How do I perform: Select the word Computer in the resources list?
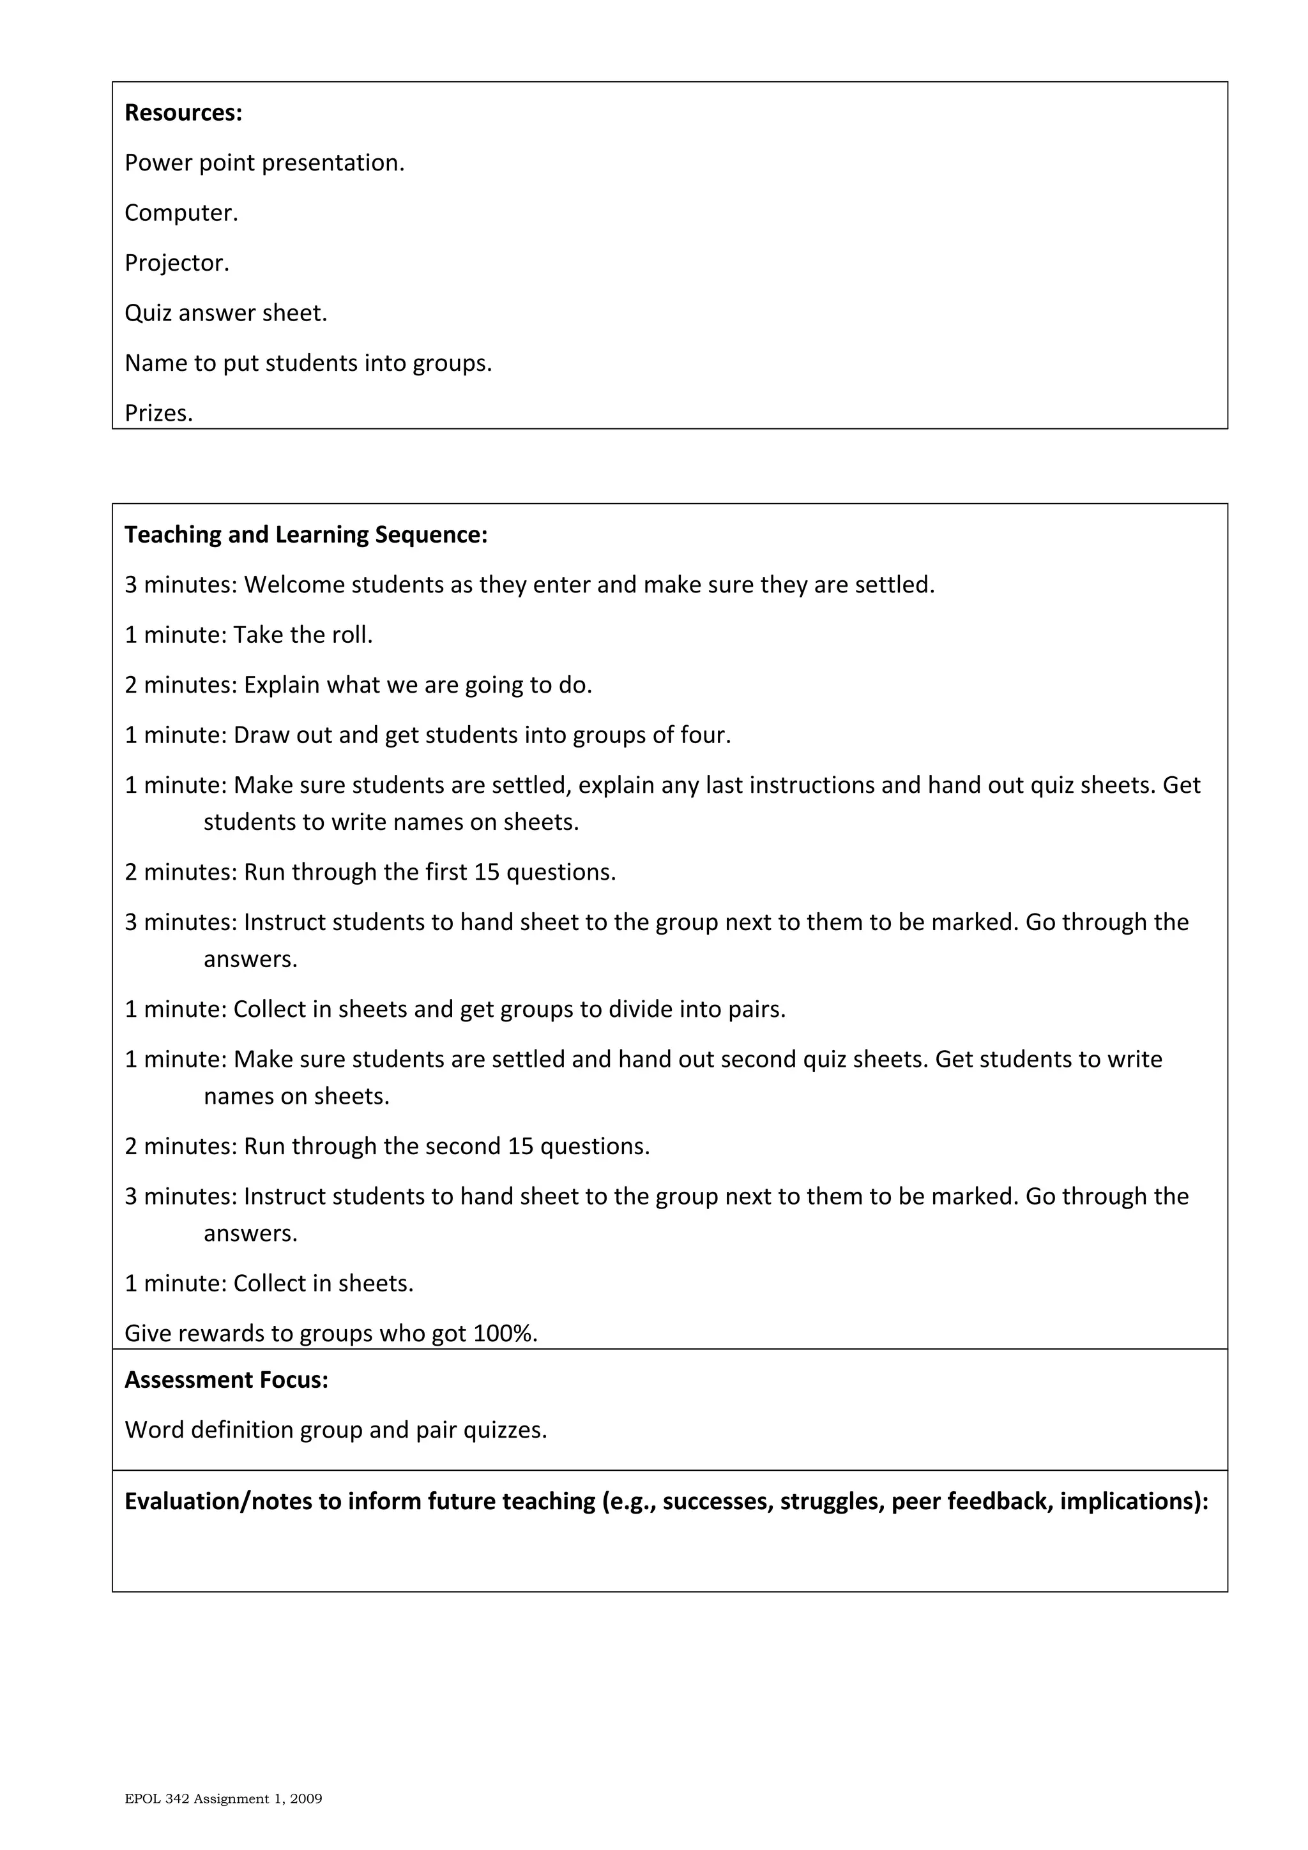[x=178, y=213]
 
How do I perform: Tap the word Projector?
[x=174, y=264]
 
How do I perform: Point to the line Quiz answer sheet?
[x=225, y=313]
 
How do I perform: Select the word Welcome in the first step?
[x=294, y=585]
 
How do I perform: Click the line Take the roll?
[x=302, y=636]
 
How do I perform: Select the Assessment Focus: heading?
[x=225, y=1380]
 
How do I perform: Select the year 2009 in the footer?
[x=308, y=1799]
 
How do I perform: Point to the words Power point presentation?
[x=264, y=163]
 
